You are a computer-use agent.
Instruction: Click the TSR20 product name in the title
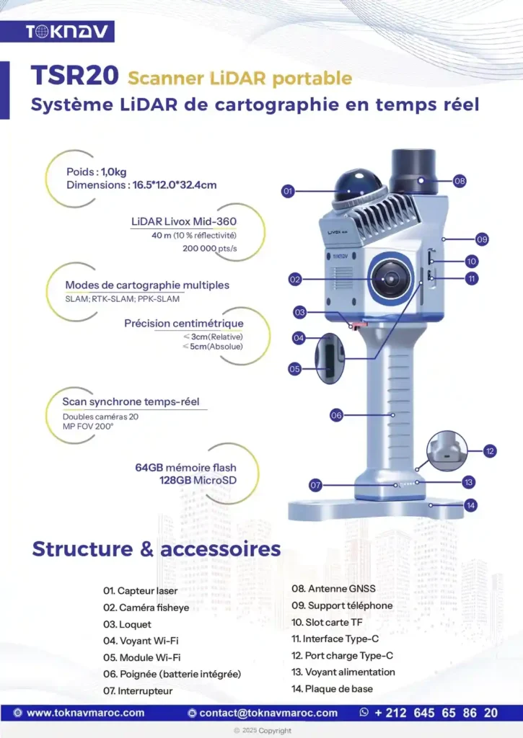click(75, 77)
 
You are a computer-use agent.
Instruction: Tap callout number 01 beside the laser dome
click(288, 191)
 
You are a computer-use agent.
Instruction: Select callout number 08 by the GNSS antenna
click(460, 181)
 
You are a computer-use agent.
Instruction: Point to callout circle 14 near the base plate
click(470, 505)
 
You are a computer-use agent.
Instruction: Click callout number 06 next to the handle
click(336, 414)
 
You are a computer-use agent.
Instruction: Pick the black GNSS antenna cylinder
click(413, 172)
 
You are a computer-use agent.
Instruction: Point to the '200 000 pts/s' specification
click(210, 248)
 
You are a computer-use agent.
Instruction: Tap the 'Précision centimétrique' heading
click(183, 324)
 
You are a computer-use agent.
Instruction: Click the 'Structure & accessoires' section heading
click(156, 548)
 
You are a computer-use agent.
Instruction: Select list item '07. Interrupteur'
click(138, 690)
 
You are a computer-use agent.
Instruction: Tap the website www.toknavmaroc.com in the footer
click(85, 713)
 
